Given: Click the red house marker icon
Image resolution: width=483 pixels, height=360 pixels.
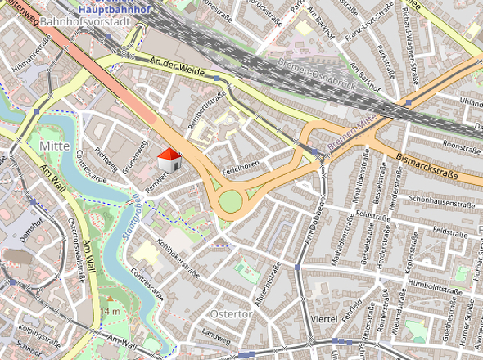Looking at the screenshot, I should (x=169, y=160).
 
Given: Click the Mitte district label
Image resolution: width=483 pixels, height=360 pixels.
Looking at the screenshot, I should (x=55, y=145).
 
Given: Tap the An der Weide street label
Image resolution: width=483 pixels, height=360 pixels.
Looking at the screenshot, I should (x=175, y=65).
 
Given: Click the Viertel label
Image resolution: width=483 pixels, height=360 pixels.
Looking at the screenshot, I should (x=325, y=317).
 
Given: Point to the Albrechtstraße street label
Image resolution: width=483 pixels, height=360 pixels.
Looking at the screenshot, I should (x=269, y=283).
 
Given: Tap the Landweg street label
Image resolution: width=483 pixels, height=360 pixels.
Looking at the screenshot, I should (x=216, y=335).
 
